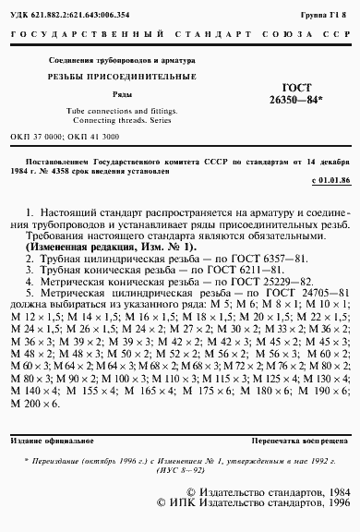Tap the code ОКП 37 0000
(36, 136)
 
